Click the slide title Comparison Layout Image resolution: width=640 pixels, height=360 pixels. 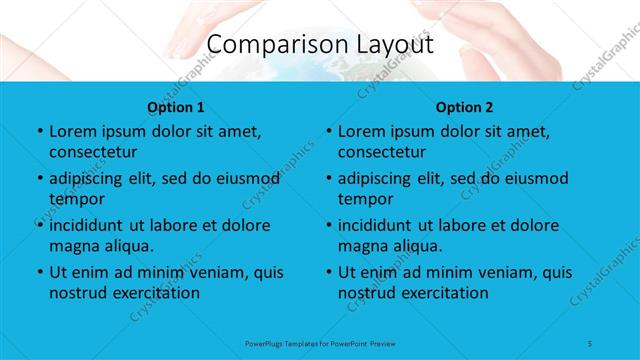click(320, 45)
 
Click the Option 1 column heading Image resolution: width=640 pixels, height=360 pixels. click(176, 106)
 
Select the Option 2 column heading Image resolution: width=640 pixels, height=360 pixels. click(465, 106)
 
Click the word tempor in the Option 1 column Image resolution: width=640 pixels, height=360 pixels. click(73, 199)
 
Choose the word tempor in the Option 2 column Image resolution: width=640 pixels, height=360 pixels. click(362, 199)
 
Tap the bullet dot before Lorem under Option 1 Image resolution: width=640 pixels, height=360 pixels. click(39, 132)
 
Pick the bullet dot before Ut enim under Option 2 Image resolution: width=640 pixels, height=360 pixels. click(328, 272)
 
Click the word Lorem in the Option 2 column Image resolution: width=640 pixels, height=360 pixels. click(360, 131)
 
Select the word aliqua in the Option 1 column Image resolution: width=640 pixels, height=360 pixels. click(130, 246)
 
